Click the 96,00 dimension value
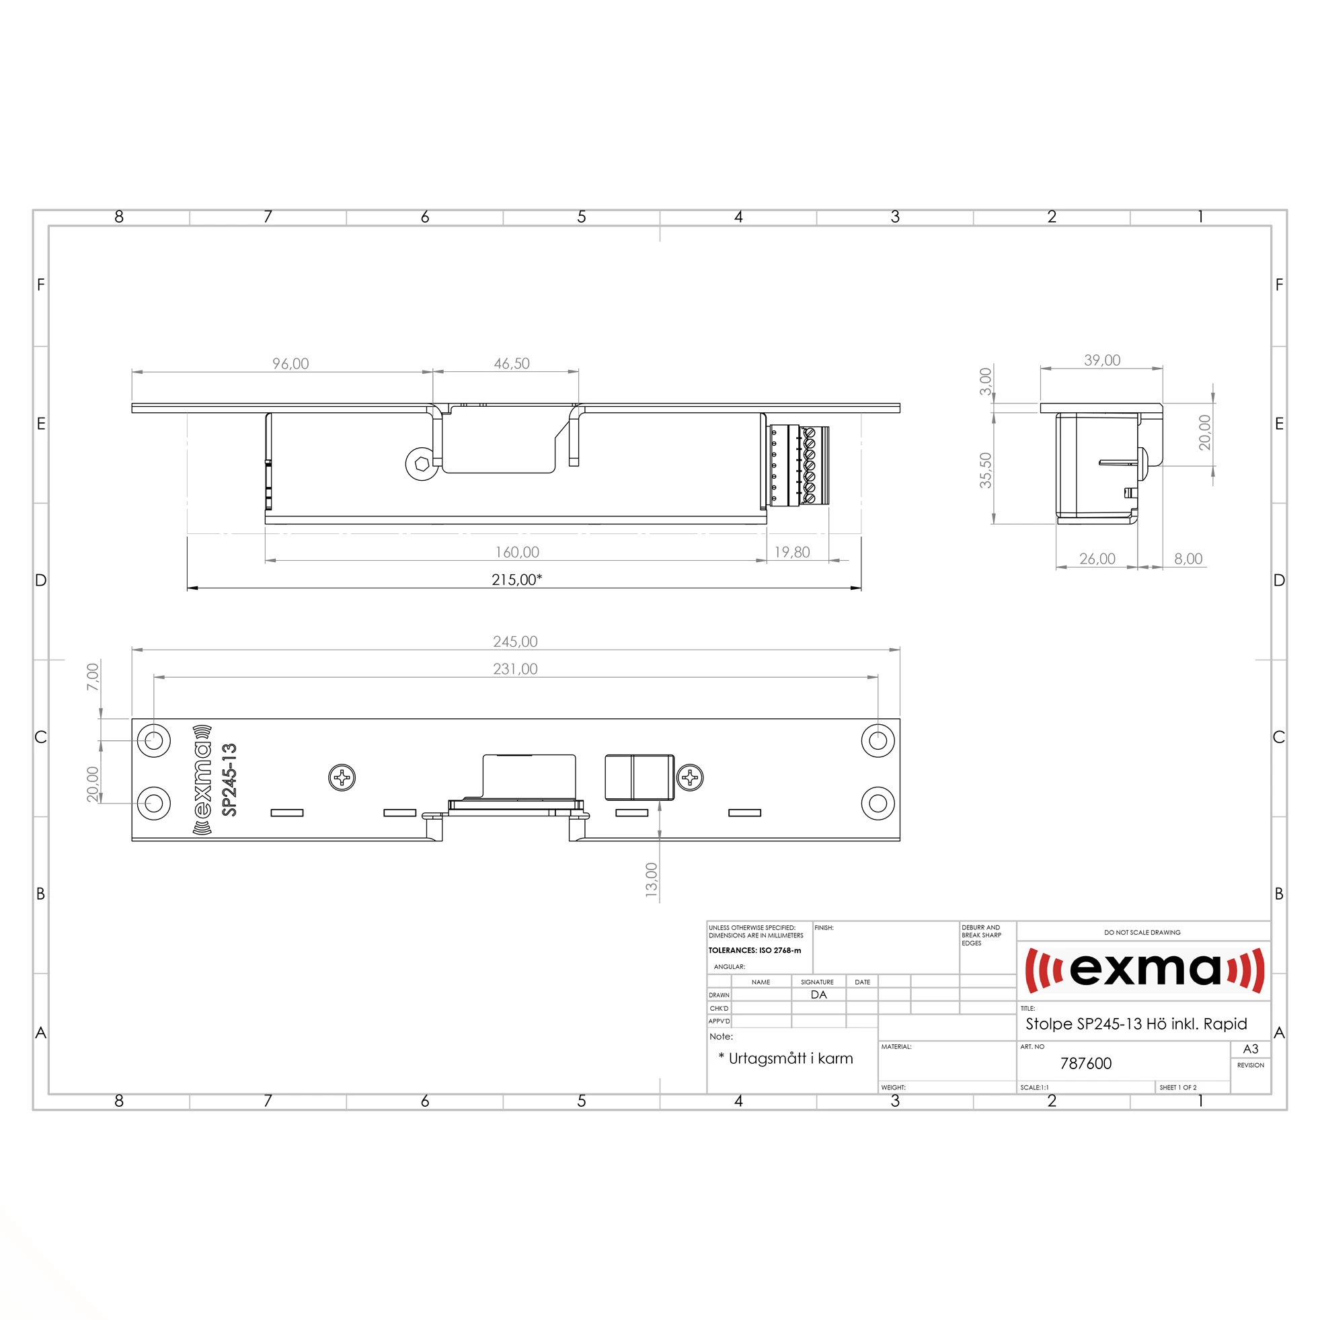click(290, 364)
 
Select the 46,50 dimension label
click(512, 364)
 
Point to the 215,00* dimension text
click(516, 580)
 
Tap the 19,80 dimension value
click(792, 552)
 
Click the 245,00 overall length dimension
click(515, 642)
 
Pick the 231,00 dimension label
click(515, 669)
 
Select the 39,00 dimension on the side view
click(1102, 360)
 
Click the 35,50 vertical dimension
click(985, 470)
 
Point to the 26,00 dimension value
click(1097, 559)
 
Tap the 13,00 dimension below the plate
click(651, 880)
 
